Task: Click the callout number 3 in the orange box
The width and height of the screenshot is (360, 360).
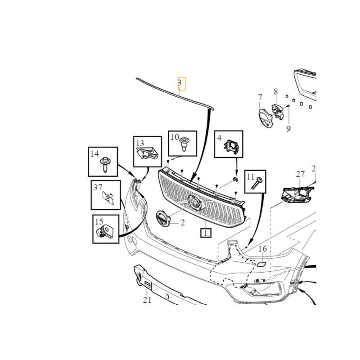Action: coord(180,82)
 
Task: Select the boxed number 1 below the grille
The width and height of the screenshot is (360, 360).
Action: coord(206,233)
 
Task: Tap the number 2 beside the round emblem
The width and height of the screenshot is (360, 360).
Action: coord(183,222)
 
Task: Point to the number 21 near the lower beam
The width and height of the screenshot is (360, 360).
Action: coord(147,300)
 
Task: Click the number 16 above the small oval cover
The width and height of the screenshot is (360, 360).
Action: coord(263,249)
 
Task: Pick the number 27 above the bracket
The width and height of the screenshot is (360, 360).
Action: coord(300,174)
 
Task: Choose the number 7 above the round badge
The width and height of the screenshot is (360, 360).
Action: coord(260,98)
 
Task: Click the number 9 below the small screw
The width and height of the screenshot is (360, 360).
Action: coord(276,92)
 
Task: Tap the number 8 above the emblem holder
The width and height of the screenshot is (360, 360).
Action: coord(288,129)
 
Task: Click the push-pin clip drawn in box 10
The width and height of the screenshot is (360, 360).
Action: coord(184,144)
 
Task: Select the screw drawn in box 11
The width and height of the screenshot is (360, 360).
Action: coord(257,183)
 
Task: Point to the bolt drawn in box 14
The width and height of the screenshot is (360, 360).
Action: coord(106,164)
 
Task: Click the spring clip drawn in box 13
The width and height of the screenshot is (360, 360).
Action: coord(147,153)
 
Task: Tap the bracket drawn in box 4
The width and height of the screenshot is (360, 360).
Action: coord(231,147)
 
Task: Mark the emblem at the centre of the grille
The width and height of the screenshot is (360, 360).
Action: coord(196,202)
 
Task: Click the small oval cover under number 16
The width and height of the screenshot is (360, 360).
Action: coord(261,264)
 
